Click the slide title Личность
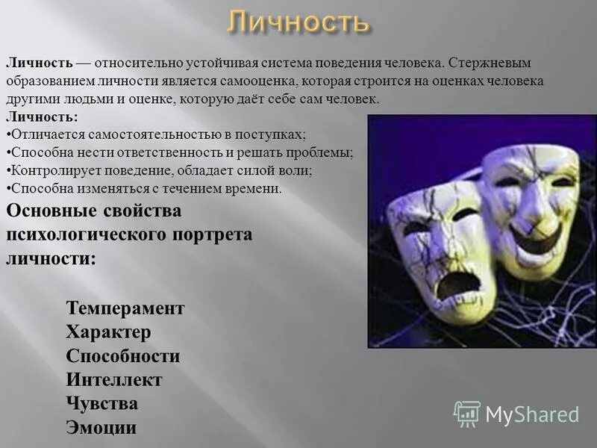[298, 22]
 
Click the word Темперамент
[125, 308]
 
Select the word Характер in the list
[108, 332]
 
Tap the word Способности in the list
[123, 356]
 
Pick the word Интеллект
[114, 380]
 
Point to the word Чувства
[102, 404]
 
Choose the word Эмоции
[101, 428]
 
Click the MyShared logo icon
[467, 413]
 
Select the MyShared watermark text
[532, 414]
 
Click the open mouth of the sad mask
[457, 284]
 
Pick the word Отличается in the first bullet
[43, 135]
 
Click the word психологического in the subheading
[89, 234]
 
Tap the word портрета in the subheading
[215, 234]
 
